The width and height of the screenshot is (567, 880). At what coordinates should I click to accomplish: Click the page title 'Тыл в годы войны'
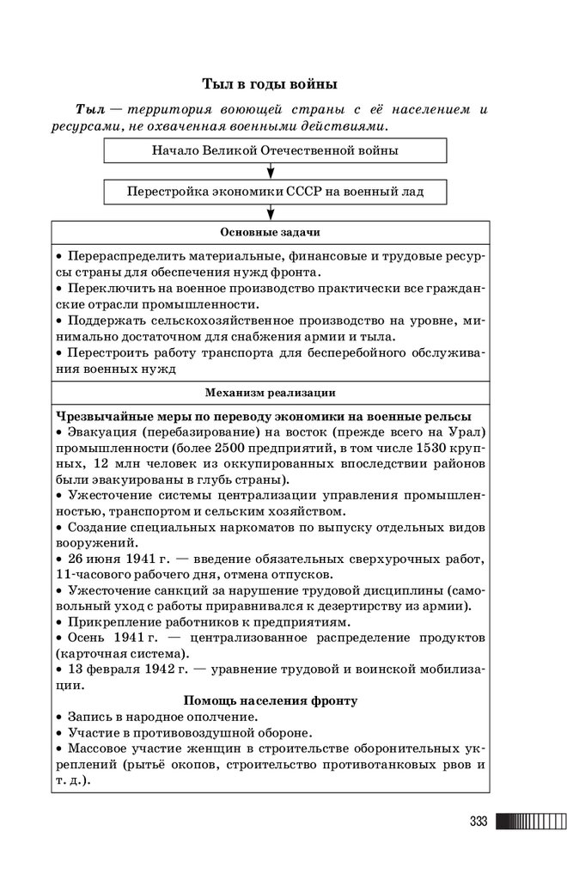(x=270, y=84)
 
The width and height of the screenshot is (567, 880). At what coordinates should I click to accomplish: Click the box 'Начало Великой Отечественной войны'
(x=274, y=150)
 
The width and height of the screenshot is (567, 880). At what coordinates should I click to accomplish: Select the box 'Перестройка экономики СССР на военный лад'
(x=274, y=191)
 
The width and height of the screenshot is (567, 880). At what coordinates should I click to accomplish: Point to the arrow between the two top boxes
(x=271, y=170)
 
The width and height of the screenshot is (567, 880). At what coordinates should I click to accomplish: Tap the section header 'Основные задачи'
(x=270, y=233)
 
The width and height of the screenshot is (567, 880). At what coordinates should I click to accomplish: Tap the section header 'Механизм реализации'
(x=270, y=393)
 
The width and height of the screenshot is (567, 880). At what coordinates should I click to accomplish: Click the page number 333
(x=479, y=822)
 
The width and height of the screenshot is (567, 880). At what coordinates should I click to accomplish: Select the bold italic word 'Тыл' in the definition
(x=89, y=110)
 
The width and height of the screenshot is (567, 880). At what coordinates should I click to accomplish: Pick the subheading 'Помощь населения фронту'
(x=270, y=701)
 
